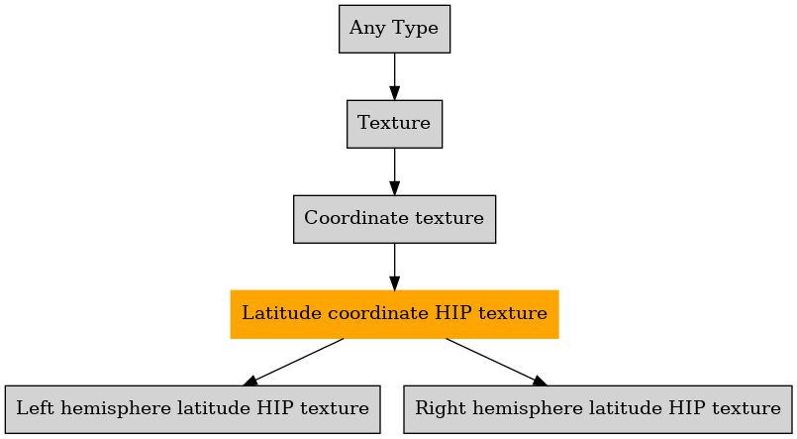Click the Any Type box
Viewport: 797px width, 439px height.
(x=394, y=29)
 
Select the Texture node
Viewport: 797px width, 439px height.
(x=394, y=124)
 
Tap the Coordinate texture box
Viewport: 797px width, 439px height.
(x=394, y=219)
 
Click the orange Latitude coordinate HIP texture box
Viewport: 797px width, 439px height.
(x=394, y=314)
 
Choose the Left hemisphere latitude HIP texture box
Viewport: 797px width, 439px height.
(x=193, y=409)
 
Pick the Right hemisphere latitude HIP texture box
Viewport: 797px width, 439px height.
(x=598, y=409)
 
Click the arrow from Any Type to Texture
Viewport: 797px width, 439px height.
(x=394, y=76)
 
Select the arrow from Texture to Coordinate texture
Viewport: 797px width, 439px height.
(x=394, y=172)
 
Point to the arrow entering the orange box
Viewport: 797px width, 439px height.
(x=394, y=267)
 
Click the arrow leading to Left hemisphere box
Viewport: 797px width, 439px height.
(x=293, y=362)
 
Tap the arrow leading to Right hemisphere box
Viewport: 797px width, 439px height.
(x=497, y=362)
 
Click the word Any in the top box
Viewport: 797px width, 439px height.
(x=367, y=29)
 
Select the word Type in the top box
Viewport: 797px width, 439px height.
(x=415, y=29)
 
